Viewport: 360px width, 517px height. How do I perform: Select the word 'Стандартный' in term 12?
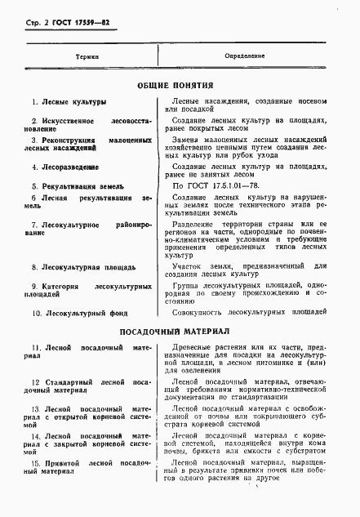pos(69,382)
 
